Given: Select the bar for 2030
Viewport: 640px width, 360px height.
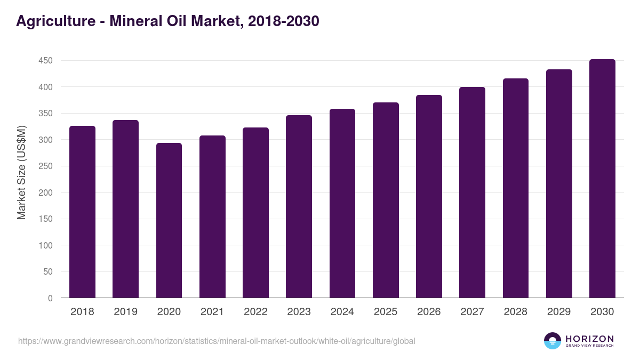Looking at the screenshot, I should pos(602,179).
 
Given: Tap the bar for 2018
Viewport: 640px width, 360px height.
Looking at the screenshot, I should pos(82,212).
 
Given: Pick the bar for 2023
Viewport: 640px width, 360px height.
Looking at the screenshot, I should pos(299,206).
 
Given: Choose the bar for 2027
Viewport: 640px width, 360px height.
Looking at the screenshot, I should pos(472,193).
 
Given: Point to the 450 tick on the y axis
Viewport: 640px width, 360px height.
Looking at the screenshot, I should pos(45,61).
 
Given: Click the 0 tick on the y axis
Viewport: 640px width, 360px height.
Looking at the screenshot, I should pos(50,298).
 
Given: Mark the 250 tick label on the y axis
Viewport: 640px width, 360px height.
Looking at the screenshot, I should pos(45,166).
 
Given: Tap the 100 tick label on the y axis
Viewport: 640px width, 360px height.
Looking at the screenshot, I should pos(45,245).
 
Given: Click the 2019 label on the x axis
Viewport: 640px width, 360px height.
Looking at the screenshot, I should pos(125,312).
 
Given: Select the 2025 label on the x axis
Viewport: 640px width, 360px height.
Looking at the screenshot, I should pos(386,312).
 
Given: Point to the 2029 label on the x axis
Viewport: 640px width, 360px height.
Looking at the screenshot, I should pos(559,312).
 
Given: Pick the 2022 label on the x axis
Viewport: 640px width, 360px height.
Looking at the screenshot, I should pos(255,312).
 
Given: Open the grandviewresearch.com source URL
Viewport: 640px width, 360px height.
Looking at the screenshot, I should pos(217,341).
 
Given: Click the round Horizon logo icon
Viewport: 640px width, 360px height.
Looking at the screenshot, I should pos(553,341).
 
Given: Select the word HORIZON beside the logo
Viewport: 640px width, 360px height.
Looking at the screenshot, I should pos(589,339).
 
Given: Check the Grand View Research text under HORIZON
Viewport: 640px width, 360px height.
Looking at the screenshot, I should pos(589,346).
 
